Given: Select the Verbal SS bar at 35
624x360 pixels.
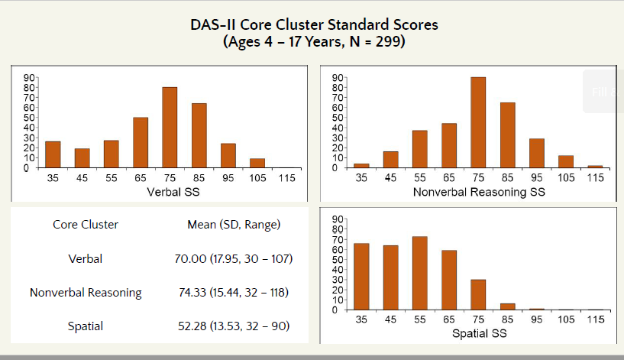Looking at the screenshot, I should (x=53, y=154).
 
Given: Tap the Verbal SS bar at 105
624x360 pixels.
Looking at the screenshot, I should (x=257, y=163).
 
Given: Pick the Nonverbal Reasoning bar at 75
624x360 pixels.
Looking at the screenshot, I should (x=478, y=122).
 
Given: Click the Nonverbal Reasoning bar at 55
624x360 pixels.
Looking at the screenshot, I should (x=419, y=149).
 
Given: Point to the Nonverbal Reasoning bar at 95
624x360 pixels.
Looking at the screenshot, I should (x=536, y=153).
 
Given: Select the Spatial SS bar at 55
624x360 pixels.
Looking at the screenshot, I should (x=419, y=273).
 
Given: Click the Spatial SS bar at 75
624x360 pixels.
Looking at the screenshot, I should (x=478, y=294).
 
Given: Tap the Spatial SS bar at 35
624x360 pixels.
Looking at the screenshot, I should (x=361, y=276).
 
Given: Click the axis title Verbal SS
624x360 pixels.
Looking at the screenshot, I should (x=170, y=192).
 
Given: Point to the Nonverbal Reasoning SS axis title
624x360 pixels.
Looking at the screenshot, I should (x=478, y=192).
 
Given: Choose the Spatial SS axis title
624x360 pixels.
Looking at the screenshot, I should (x=478, y=334).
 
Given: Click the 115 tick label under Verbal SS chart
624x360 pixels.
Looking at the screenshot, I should (x=286, y=177).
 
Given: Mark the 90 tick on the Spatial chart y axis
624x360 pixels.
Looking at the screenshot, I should (x=337, y=221).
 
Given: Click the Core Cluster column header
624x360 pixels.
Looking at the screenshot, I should (x=86, y=225).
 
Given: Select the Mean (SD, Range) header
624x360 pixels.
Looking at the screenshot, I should (x=234, y=225).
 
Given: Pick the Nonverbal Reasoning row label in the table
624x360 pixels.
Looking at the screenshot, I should (x=86, y=293).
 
